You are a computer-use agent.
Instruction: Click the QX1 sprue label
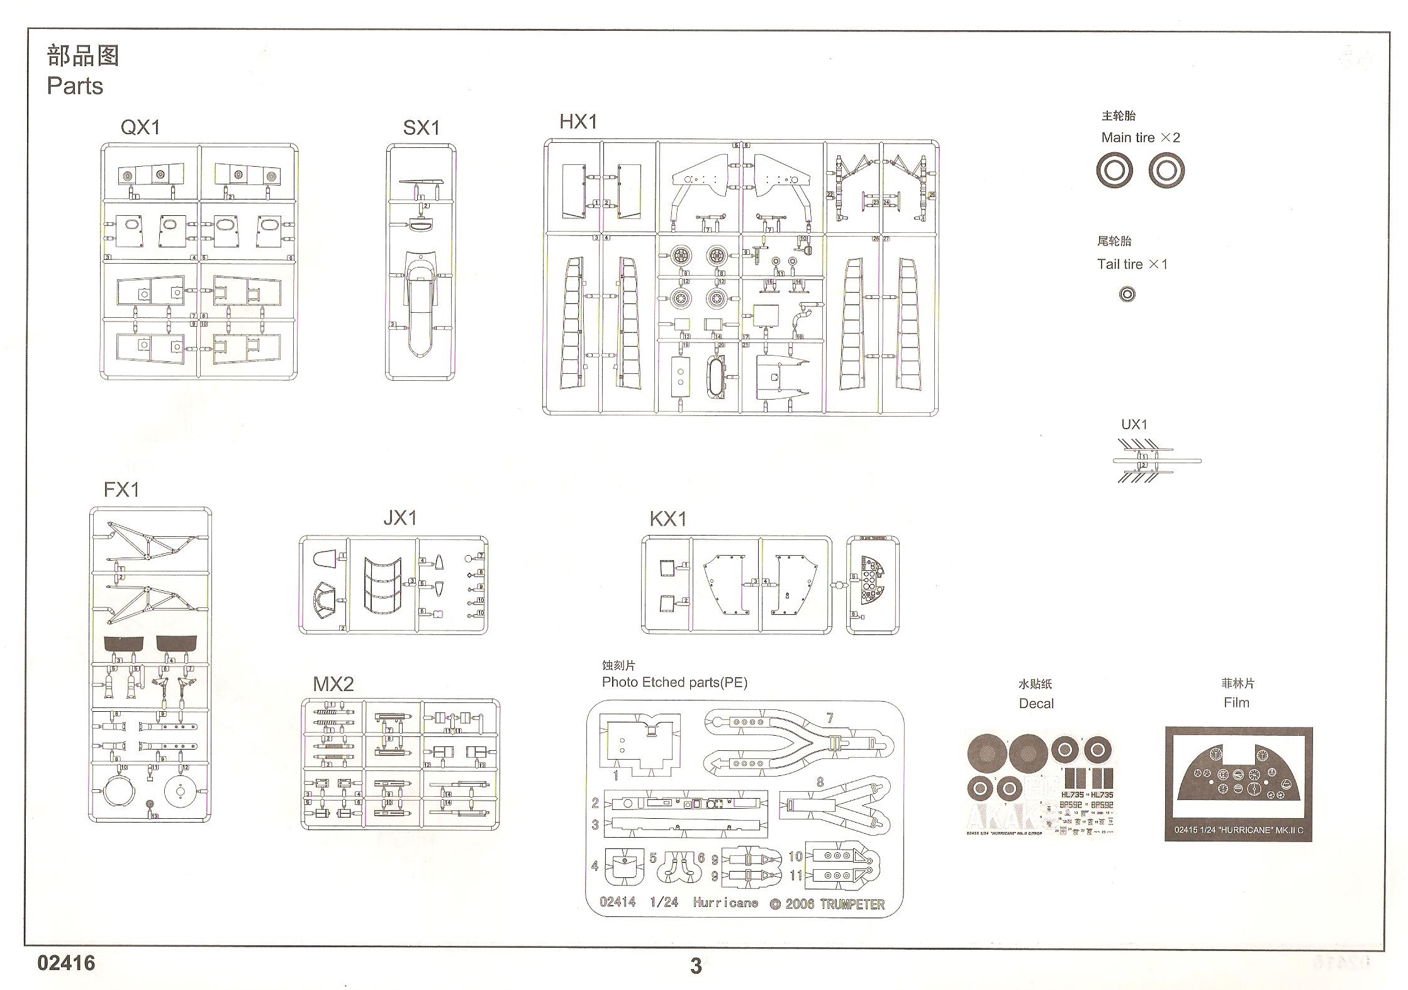pyautogui.click(x=140, y=127)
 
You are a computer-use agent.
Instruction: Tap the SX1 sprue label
pyautogui.click(x=421, y=128)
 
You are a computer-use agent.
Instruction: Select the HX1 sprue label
pyautogui.click(x=578, y=121)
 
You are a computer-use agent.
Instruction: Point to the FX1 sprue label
pyautogui.click(x=121, y=489)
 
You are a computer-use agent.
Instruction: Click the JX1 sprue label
pyautogui.click(x=399, y=518)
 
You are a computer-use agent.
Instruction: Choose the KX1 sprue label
pyautogui.click(x=668, y=519)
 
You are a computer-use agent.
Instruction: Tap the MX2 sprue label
pyautogui.click(x=333, y=684)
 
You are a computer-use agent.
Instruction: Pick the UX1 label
pyautogui.click(x=1134, y=424)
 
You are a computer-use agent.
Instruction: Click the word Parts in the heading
pyautogui.click(x=75, y=86)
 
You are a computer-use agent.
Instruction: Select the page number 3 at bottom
pyautogui.click(x=695, y=966)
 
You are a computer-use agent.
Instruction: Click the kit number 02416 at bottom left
pyautogui.click(x=66, y=963)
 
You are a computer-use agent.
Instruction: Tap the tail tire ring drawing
pyautogui.click(x=1127, y=294)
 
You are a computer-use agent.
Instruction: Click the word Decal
pyautogui.click(x=1036, y=703)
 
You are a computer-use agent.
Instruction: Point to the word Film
pyautogui.click(x=1236, y=702)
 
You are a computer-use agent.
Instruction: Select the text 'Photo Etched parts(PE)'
pyautogui.click(x=674, y=682)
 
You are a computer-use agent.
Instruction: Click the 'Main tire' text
pyautogui.click(x=1128, y=137)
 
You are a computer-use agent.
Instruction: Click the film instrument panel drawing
pyautogui.click(x=1238, y=780)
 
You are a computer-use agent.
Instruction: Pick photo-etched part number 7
pyautogui.click(x=799, y=743)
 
